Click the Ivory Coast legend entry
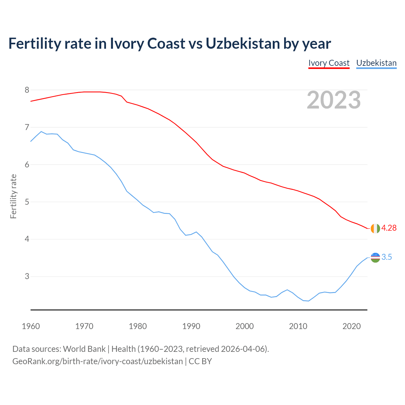(329, 63)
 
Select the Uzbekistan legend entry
(376, 63)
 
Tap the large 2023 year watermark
(334, 100)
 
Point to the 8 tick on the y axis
(27, 90)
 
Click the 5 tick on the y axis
(27, 202)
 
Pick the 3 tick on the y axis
(27, 277)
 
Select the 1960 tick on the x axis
(31, 326)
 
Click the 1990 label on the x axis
(191, 326)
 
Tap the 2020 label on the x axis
(352, 326)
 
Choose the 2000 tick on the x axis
(245, 326)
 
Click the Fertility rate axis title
(13, 196)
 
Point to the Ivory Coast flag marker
(375, 228)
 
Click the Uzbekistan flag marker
(375, 258)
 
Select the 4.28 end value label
(389, 228)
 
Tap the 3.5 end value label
(387, 257)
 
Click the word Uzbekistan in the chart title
(243, 43)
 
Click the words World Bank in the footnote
(84, 349)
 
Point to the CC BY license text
(200, 361)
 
